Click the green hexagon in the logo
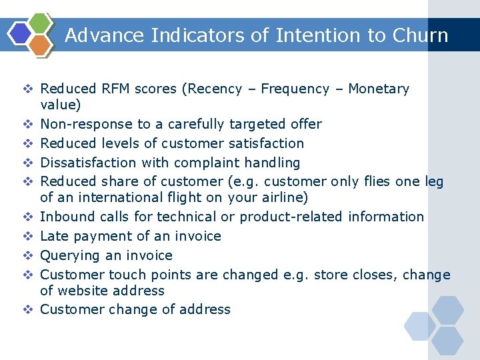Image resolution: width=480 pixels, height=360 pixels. click(x=41, y=22)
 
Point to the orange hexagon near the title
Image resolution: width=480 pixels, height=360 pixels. click(x=40, y=45)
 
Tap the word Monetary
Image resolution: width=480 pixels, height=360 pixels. click(x=379, y=89)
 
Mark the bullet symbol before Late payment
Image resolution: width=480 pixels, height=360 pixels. click(x=29, y=236)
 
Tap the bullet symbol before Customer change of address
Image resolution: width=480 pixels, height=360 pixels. click(x=29, y=309)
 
